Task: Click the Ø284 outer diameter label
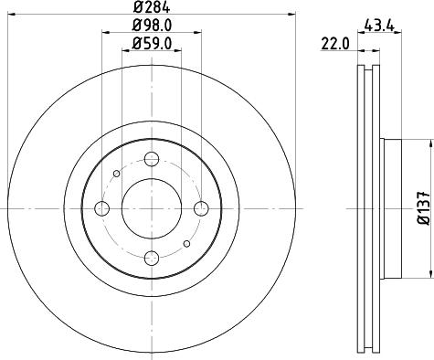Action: [151, 8]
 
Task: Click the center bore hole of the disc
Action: [151, 208]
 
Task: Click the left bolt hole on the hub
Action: [101, 209]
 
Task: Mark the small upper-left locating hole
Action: [115, 174]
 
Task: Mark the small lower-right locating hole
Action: [186, 244]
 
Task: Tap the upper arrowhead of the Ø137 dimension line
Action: [429, 143]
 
